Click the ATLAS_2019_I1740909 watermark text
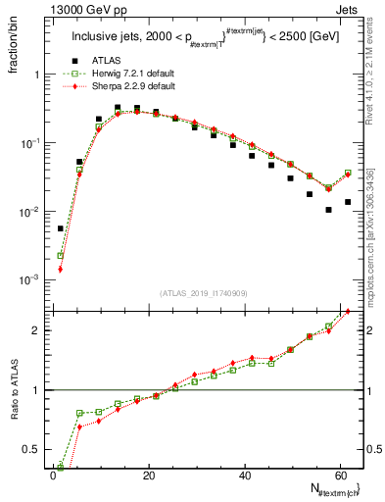tap(203, 293)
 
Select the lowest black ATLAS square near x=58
tap(329, 210)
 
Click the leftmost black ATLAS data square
tap(61, 228)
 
